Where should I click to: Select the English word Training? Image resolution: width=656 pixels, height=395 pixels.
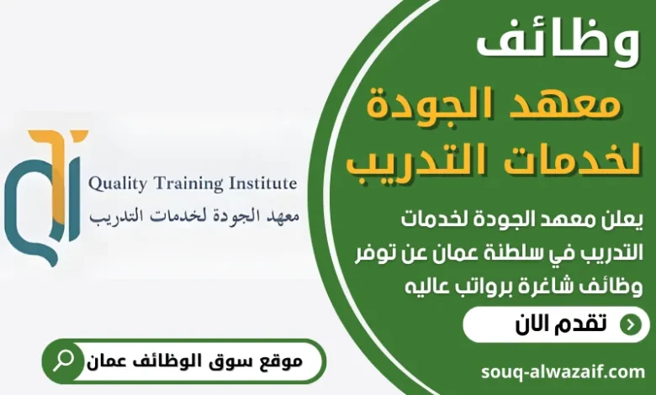191,182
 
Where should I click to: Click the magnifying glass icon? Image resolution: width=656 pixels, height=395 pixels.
63,361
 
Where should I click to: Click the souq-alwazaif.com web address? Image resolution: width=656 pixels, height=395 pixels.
563,371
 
